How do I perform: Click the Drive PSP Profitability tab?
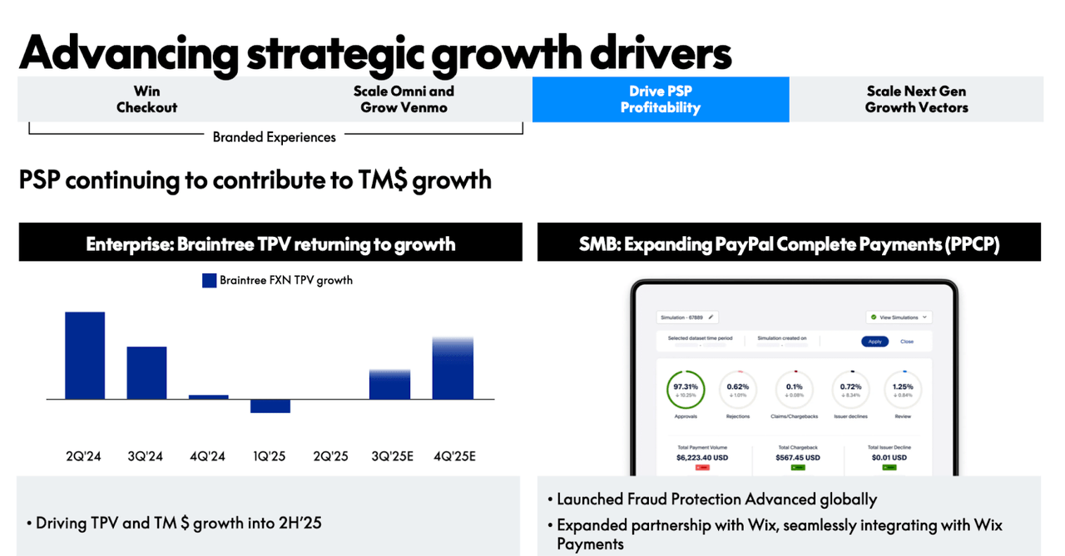pos(660,100)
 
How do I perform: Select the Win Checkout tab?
pos(146,100)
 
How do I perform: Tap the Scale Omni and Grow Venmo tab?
pos(404,100)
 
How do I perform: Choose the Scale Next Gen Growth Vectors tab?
pos(916,100)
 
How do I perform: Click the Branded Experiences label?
pos(274,137)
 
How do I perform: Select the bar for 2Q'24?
pos(85,356)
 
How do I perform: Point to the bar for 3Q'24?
pos(146,372)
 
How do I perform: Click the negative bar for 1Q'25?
pos(270,406)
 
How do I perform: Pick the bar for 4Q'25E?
pos(453,369)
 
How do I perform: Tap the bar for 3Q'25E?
pos(390,385)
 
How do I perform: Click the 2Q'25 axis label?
pos(330,456)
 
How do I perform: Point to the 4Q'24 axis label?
pos(208,456)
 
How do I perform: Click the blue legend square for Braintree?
pos(210,281)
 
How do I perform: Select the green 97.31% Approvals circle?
pos(686,389)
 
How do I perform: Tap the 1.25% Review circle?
pos(903,389)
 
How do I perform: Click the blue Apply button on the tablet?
pos(874,342)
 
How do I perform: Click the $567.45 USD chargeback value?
pos(798,458)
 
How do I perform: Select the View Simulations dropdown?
pos(898,317)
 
